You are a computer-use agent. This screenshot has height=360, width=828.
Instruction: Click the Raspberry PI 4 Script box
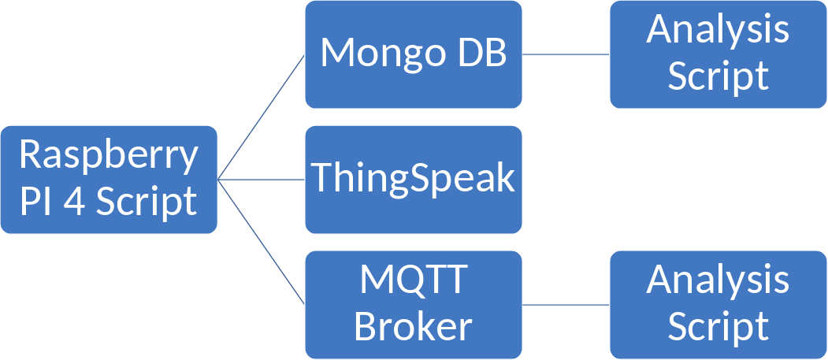(x=110, y=221)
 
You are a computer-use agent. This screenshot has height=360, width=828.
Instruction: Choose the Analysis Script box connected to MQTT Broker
(x=718, y=347)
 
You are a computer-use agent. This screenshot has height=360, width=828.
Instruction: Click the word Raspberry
(x=110, y=154)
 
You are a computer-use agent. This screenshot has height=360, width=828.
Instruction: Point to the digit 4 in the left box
(x=77, y=202)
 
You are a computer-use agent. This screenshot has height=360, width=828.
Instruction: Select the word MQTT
(x=414, y=280)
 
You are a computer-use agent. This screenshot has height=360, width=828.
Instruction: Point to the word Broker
(x=414, y=326)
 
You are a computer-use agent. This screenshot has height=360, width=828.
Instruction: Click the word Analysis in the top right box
(x=718, y=30)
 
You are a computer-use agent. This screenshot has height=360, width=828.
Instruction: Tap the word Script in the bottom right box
(x=718, y=326)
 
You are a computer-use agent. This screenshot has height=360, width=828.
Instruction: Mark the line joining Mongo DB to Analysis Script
(x=566, y=54)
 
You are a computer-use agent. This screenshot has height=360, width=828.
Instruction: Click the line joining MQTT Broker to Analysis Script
(x=566, y=304)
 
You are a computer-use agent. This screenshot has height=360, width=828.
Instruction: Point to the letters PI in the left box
(x=36, y=202)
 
